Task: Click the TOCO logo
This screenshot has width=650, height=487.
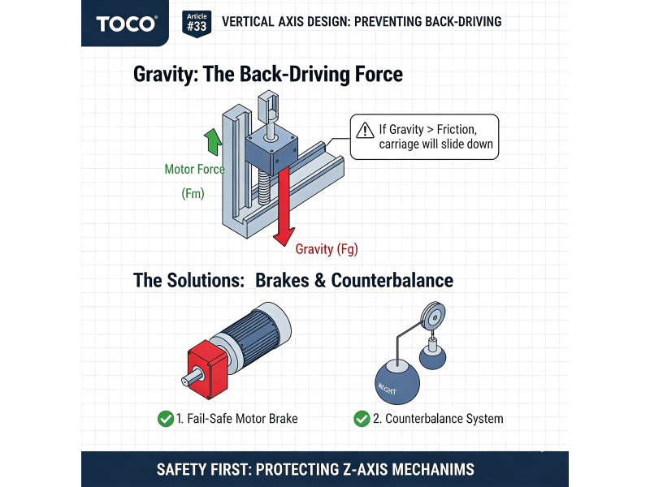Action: coord(126,23)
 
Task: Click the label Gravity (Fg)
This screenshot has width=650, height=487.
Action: coord(327,249)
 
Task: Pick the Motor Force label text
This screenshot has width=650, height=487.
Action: coord(195,170)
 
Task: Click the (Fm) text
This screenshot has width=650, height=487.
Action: coord(193,194)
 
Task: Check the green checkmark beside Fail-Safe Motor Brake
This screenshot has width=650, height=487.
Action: coord(165,419)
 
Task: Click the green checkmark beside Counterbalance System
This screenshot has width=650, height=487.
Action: coord(362,419)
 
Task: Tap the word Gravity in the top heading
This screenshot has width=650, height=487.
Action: coord(167,75)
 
